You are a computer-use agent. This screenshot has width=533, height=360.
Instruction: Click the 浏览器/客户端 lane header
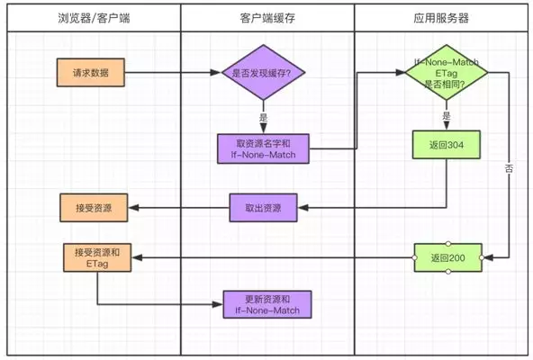93,17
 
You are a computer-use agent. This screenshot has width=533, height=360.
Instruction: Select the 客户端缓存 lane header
266,17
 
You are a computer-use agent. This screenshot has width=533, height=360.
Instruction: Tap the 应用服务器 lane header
442,17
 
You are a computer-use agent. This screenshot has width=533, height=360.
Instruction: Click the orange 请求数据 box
92,73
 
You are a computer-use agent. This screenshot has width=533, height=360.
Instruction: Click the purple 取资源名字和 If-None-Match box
263,148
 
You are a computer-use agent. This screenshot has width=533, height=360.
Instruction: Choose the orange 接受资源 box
93,207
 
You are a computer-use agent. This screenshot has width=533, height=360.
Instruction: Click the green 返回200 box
447,258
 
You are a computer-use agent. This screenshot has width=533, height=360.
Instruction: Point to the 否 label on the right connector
509,168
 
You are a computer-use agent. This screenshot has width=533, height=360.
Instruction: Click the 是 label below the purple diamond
263,118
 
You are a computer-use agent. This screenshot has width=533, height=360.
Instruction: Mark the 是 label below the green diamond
446,116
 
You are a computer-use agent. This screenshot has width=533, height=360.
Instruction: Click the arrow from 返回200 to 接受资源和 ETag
270,258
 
